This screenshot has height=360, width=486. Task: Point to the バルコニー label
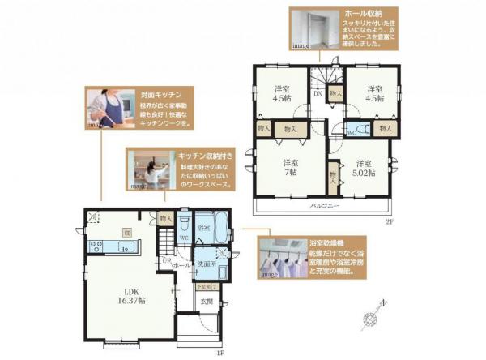click(x=327, y=205)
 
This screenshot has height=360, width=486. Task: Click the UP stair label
click(x=166, y=259)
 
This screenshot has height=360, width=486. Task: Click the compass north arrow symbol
click(x=374, y=315)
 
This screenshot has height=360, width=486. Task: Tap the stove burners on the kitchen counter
click(x=94, y=246)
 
